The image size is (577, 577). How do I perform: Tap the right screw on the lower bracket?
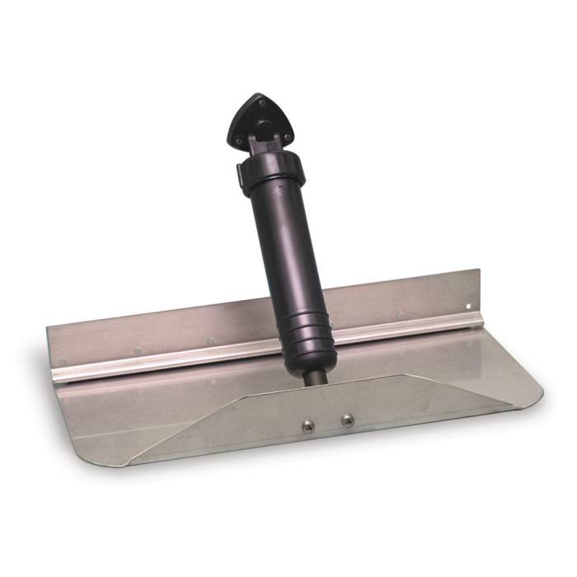[347, 420]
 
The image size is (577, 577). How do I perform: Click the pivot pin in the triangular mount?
[261, 129]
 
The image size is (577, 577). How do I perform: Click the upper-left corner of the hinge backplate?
[48, 327]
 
